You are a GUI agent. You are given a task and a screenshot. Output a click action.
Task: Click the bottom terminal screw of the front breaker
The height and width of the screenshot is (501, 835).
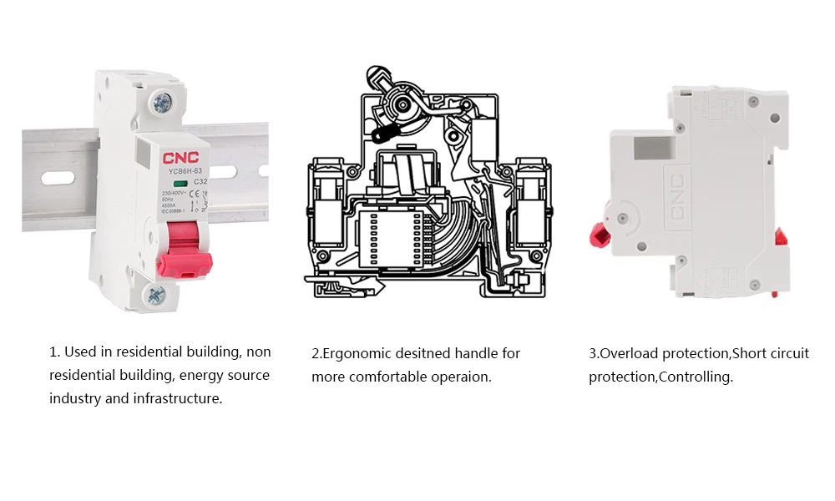click(x=156, y=293)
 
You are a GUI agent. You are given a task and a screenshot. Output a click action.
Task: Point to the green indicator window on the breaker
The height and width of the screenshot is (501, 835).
click(x=179, y=181)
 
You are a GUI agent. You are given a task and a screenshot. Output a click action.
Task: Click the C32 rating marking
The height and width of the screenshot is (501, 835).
click(x=200, y=181)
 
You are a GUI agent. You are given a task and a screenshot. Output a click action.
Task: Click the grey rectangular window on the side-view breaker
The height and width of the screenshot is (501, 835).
click(x=653, y=146)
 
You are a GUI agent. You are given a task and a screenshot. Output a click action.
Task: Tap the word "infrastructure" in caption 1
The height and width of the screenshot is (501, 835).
click(x=178, y=398)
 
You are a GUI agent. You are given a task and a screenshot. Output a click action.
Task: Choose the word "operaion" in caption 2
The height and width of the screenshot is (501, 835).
click(x=460, y=377)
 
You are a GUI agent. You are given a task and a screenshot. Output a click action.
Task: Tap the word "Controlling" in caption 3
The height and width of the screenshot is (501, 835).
click(x=696, y=377)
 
